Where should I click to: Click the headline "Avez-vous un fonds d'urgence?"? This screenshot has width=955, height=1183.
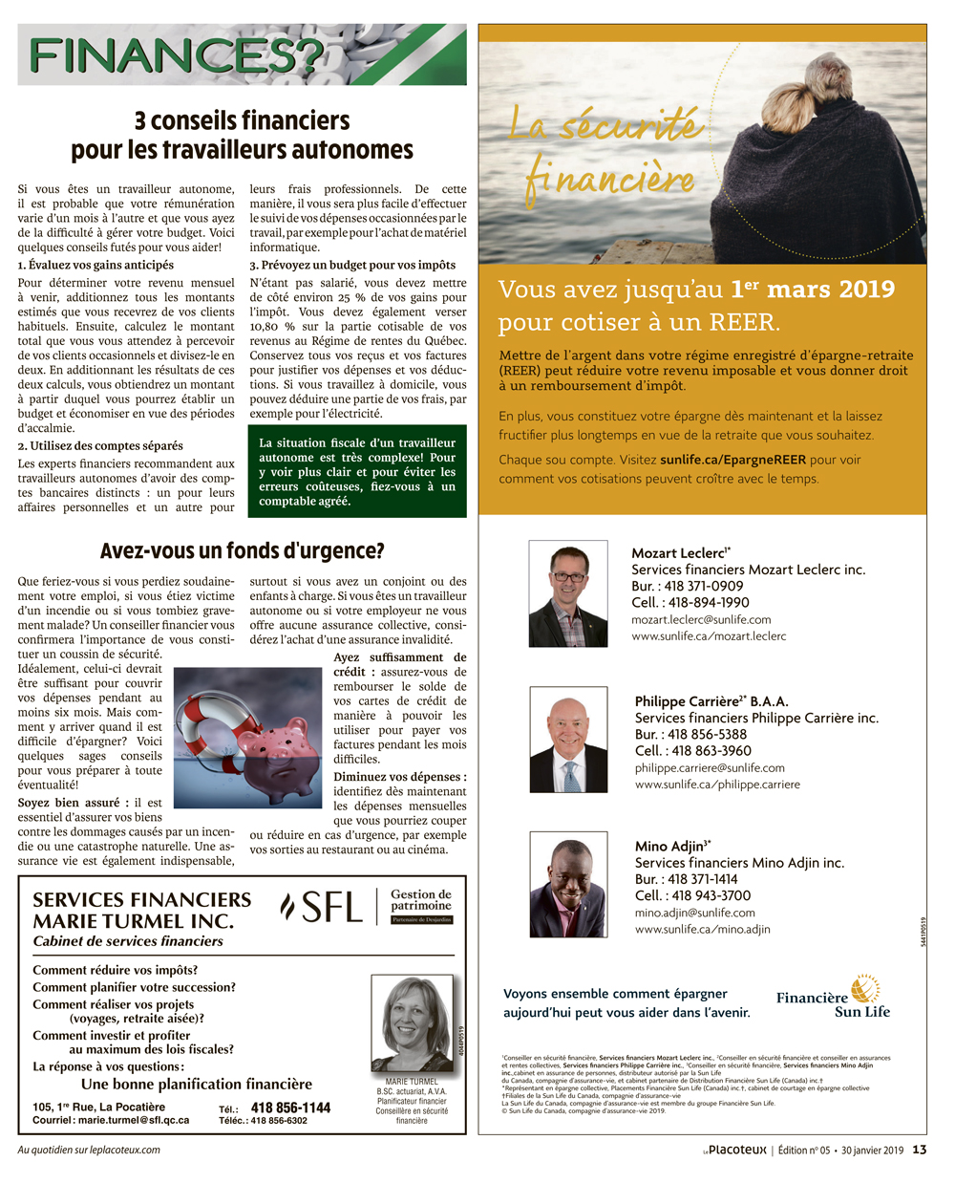[242, 551]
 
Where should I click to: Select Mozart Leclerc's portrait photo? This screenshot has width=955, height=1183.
[568, 593]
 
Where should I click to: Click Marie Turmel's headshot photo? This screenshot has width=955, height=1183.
[412, 1024]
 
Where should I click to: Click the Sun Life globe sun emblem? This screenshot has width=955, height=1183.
[865, 988]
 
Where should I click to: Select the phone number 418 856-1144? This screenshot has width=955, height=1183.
[290, 1108]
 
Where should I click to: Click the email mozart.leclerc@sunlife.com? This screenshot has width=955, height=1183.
[701, 619]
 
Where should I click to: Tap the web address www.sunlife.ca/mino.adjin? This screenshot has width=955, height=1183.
[702, 929]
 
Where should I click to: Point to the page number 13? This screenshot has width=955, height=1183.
[919, 1150]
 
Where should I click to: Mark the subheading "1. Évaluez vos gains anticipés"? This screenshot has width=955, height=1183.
[95, 265]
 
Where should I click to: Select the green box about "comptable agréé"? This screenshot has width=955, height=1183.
[357, 471]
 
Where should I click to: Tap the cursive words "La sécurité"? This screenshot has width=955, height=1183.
[605, 125]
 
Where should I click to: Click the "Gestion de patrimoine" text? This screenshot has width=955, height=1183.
[421, 900]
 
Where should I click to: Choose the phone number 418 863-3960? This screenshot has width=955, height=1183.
[711, 751]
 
